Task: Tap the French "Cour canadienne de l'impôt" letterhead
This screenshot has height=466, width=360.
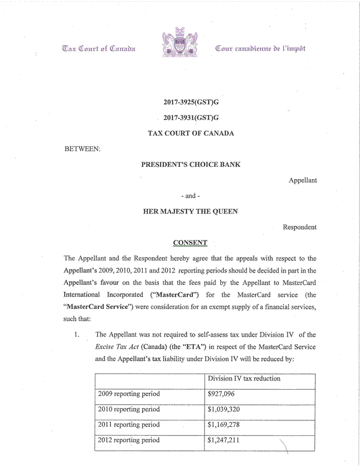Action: pyautogui.click(x=260, y=48)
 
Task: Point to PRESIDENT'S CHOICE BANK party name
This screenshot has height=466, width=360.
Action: pyautogui.click(x=191, y=164)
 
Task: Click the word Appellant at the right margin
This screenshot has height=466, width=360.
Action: pyautogui.click(x=302, y=180)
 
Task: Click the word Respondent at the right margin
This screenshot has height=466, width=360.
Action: pyautogui.click(x=299, y=227)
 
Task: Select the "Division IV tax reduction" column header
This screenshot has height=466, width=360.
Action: pyautogui.click(x=244, y=378)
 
